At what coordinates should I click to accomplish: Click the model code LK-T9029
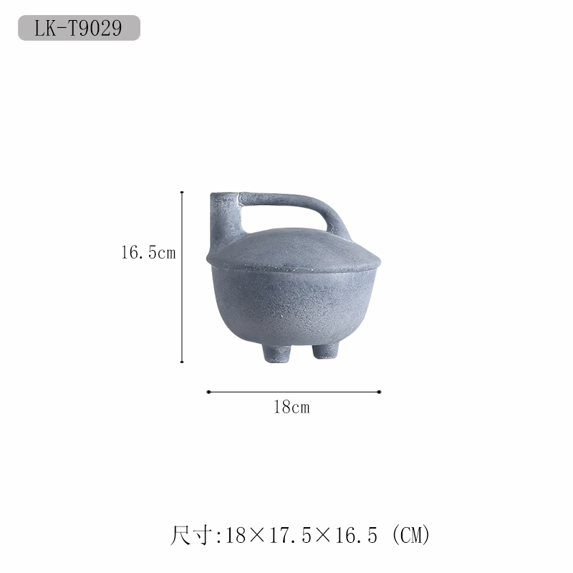point(78,28)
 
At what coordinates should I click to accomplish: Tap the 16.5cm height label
point(148,253)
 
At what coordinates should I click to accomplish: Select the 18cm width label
point(292,407)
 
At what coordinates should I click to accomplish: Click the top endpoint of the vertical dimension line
point(182,192)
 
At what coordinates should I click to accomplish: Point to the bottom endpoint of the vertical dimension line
point(182,362)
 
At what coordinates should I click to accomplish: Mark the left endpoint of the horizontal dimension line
point(208,392)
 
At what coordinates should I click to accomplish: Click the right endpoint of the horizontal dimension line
point(380,392)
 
